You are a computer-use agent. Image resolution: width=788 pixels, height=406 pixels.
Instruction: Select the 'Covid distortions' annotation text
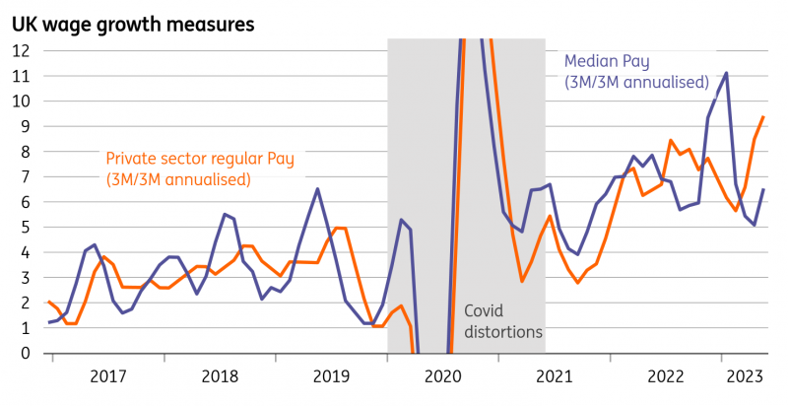(502, 321)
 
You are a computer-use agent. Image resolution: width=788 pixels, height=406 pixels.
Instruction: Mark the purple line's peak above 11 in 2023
(726, 73)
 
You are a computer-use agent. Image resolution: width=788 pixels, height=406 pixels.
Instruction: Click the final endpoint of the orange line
(763, 117)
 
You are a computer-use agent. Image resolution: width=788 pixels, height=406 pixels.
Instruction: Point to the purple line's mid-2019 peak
(317, 188)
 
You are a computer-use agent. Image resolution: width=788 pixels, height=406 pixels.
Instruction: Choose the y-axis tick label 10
(20, 101)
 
